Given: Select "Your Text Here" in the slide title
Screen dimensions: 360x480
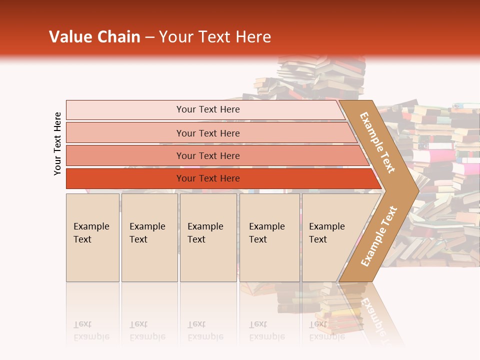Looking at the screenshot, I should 215,37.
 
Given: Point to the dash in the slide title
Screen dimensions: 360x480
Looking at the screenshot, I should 149,37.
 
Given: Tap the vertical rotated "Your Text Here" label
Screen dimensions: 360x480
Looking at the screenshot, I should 57,143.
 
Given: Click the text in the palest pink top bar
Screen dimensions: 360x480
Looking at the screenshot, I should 208,109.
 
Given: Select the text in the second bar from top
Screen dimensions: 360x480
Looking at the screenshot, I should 208,133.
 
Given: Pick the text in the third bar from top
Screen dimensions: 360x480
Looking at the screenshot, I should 208,155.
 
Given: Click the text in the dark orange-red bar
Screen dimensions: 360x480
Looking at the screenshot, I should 208,178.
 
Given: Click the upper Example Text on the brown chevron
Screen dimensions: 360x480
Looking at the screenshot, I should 378,142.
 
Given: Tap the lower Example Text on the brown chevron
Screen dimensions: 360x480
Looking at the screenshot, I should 378,236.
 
